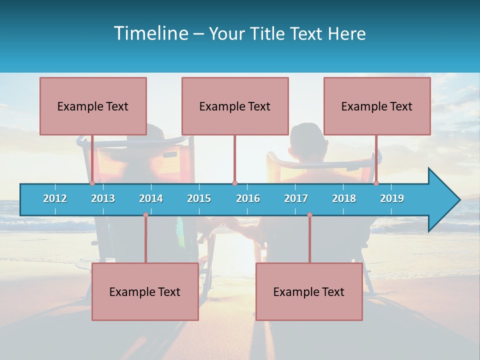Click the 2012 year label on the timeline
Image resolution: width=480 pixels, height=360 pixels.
point(55,198)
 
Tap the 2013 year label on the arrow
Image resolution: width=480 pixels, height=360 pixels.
point(103,198)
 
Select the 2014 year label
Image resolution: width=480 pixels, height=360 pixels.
point(151,198)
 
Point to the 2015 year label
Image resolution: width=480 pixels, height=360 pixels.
point(199,198)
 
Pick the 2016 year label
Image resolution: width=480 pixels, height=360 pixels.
point(248,198)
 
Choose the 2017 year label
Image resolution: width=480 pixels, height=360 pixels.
point(296,198)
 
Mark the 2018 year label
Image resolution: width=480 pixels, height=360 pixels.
point(344,198)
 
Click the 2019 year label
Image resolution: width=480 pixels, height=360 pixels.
point(392,198)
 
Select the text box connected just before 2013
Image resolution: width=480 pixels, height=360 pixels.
point(93,106)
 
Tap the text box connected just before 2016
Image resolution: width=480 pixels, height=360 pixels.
point(235,106)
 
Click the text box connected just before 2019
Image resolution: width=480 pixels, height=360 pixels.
point(377,106)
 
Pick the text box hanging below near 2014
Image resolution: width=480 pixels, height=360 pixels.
point(145,291)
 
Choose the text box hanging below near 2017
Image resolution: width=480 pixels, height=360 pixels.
point(309,291)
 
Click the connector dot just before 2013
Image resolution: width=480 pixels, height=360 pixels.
point(92,183)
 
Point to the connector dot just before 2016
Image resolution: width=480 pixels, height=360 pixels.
point(234,183)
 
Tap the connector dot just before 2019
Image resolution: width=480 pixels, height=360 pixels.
point(376,183)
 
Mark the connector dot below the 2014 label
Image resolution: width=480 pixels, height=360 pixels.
point(145,215)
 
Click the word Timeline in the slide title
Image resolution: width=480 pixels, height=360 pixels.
point(150,33)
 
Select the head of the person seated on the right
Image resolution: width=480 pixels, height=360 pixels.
point(308,137)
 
